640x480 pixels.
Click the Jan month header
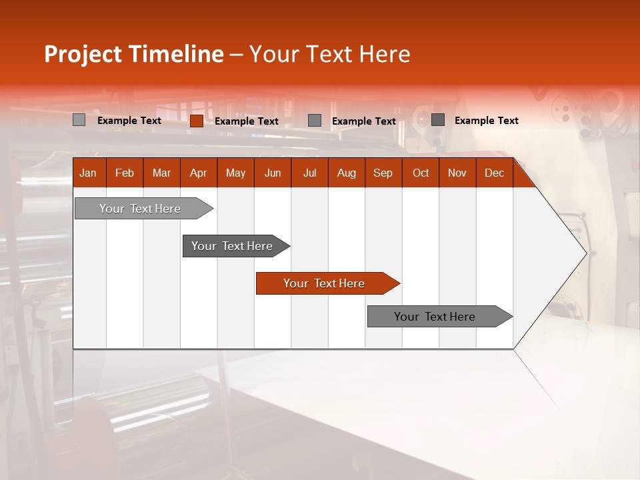(x=88, y=173)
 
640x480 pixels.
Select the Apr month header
(x=198, y=173)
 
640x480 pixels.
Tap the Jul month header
(x=309, y=173)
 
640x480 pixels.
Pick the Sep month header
(x=383, y=173)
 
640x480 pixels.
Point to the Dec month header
(x=494, y=173)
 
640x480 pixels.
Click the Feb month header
(x=125, y=173)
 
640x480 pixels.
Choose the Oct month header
(x=421, y=173)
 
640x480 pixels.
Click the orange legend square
(x=197, y=121)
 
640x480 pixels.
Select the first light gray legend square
(x=79, y=120)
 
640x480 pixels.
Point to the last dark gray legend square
(x=438, y=120)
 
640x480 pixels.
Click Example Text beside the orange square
(x=247, y=121)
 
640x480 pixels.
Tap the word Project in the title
(x=83, y=54)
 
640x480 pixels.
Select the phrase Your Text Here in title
(x=330, y=54)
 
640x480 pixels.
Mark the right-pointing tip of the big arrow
(x=585, y=253)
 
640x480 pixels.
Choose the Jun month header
(x=273, y=173)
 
